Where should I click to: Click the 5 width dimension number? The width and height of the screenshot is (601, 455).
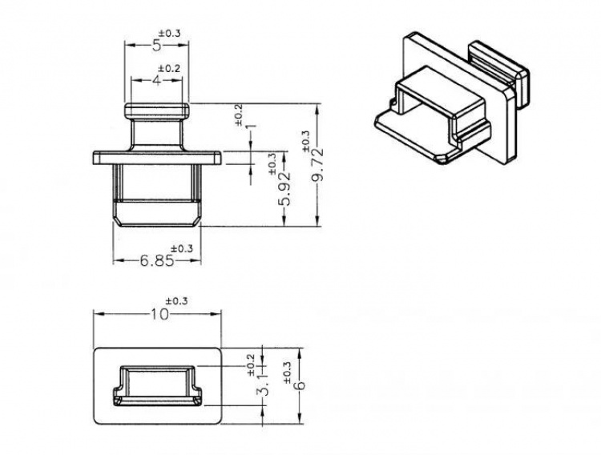click(x=157, y=46)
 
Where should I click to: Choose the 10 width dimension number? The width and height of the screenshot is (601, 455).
click(x=159, y=314)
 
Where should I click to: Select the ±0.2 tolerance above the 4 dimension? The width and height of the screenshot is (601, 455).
click(x=168, y=68)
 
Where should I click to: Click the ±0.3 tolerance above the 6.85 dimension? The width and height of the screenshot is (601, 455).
click(x=182, y=249)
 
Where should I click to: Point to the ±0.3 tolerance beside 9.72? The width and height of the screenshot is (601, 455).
click(x=305, y=140)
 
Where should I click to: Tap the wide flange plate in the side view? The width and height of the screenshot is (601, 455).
click(x=156, y=156)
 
